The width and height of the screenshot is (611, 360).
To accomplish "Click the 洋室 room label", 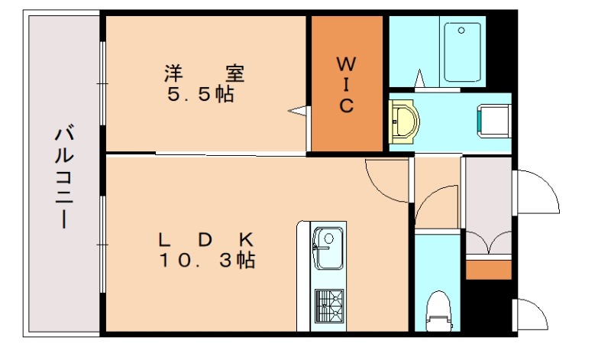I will [204, 74].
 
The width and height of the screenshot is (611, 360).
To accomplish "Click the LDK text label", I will [205, 239].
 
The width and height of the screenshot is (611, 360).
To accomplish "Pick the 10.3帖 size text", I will [207, 261].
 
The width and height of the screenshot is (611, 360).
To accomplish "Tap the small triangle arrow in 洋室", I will [297, 112].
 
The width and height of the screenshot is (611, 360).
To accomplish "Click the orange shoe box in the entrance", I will [488, 270].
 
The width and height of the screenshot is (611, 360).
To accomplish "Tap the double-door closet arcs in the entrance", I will [488, 242].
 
